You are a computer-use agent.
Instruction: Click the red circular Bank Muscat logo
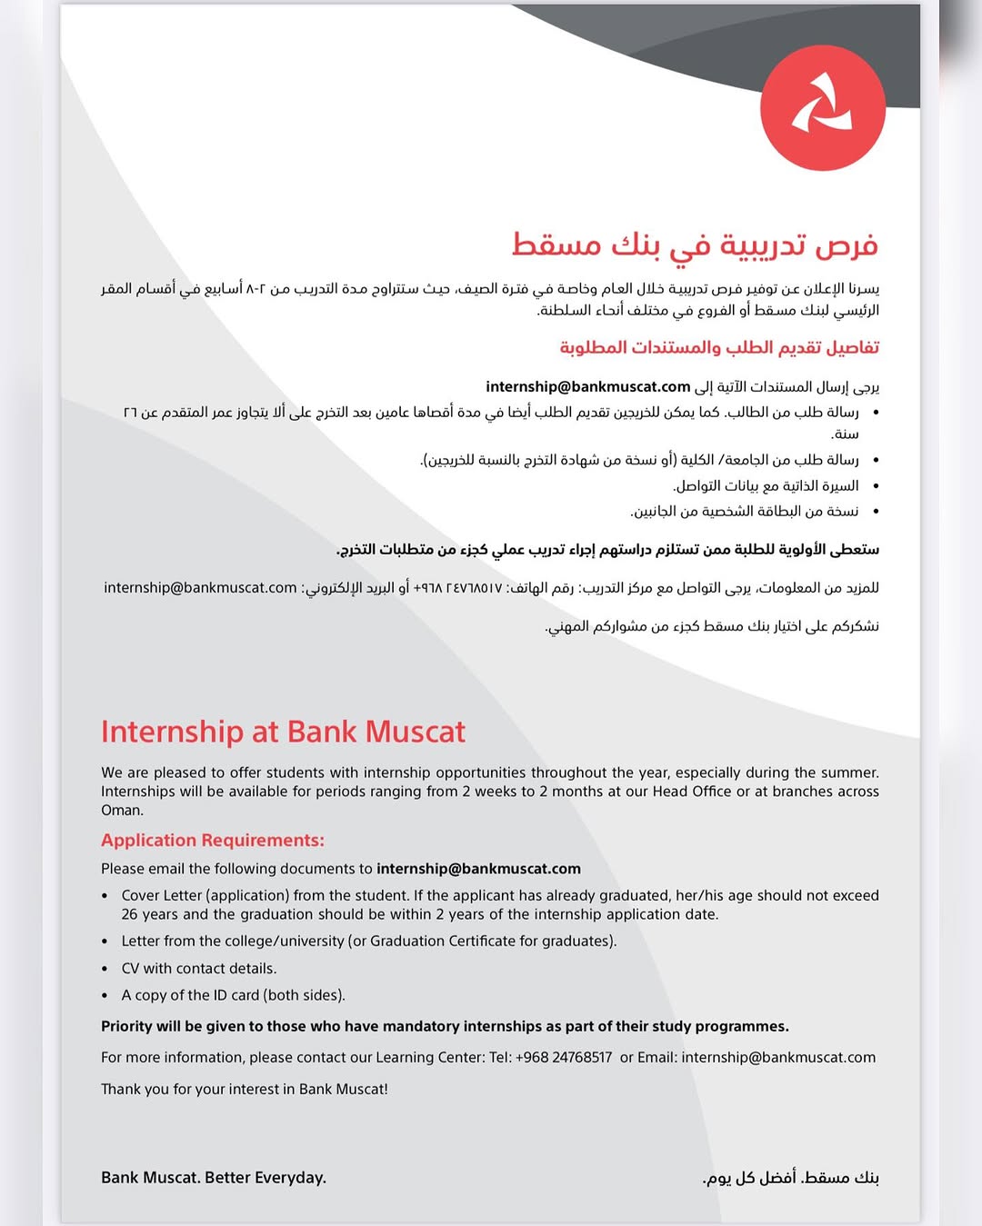pos(822,108)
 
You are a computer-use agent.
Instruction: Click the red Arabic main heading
pos(695,244)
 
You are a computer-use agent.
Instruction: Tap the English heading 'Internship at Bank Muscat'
pos(283,732)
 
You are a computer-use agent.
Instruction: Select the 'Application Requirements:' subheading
pos(212,841)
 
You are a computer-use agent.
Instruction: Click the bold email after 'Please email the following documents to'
pos(478,869)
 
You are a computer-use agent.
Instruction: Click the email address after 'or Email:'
pos(778,1058)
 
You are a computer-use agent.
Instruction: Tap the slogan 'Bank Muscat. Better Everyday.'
pos(214,1178)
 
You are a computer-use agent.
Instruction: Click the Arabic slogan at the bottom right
pos(791,1178)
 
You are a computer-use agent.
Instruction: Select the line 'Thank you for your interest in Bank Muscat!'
pos(245,1090)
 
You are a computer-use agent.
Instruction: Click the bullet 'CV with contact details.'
pos(199,969)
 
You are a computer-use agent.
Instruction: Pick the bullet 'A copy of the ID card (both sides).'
pos(234,996)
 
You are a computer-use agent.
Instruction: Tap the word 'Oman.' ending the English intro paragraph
pos(122,811)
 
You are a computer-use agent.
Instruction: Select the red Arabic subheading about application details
pos(719,348)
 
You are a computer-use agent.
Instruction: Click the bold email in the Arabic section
pos(588,387)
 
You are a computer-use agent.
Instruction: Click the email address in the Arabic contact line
pos(200,588)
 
